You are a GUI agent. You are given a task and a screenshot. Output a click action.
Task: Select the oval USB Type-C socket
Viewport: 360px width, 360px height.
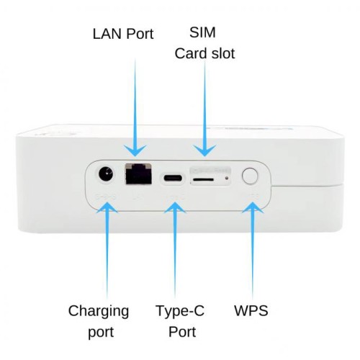click(x=173, y=177)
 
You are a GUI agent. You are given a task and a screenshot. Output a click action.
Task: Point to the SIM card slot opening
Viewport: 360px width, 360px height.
click(x=205, y=176)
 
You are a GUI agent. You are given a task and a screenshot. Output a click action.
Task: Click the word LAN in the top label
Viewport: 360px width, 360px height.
click(x=106, y=34)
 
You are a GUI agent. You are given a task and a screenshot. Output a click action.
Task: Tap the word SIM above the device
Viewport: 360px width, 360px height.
click(x=204, y=33)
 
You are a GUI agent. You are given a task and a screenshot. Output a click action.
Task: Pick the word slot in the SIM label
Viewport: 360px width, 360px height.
click(x=222, y=54)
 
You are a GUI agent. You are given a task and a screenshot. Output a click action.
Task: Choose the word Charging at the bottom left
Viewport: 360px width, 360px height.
click(x=99, y=311)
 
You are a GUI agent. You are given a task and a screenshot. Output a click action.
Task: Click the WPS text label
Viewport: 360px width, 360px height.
click(x=251, y=311)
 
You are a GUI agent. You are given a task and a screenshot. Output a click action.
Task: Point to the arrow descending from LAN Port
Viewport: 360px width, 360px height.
click(x=135, y=108)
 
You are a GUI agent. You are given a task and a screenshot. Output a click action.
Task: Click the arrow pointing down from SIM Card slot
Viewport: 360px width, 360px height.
click(x=205, y=108)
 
